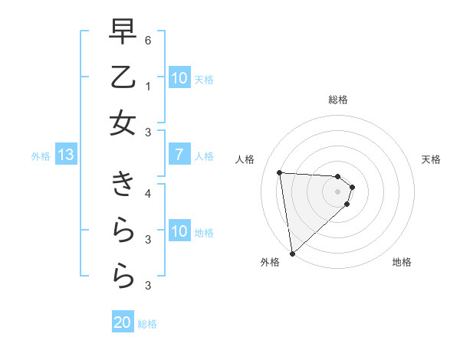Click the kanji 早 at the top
pos(123,32)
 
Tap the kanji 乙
pos(123,77)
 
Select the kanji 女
pos(123,123)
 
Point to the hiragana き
pos(123,186)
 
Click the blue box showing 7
pos(179,155)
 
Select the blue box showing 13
pos(66,155)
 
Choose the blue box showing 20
pos(123,322)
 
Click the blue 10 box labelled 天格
pos(179,78)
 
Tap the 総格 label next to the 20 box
pos(147,324)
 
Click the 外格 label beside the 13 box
pos(41,156)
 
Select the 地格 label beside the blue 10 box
pos(205,233)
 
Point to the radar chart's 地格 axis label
pos(402,262)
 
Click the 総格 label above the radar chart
pos(337,100)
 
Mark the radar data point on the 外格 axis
pos(292,253)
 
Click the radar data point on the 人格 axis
pos(280,172)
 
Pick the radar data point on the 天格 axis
pos(352,187)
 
